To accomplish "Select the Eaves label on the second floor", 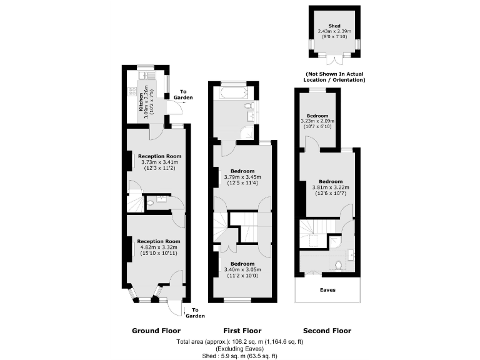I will [327, 290].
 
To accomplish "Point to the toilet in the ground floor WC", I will [152, 202].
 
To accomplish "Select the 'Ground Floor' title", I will [156, 331].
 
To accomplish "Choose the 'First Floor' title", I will [242, 331].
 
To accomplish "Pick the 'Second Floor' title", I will [327, 331].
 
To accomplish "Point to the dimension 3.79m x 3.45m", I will [242, 177].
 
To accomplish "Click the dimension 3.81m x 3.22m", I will [331, 187].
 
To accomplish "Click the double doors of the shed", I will [335, 59].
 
